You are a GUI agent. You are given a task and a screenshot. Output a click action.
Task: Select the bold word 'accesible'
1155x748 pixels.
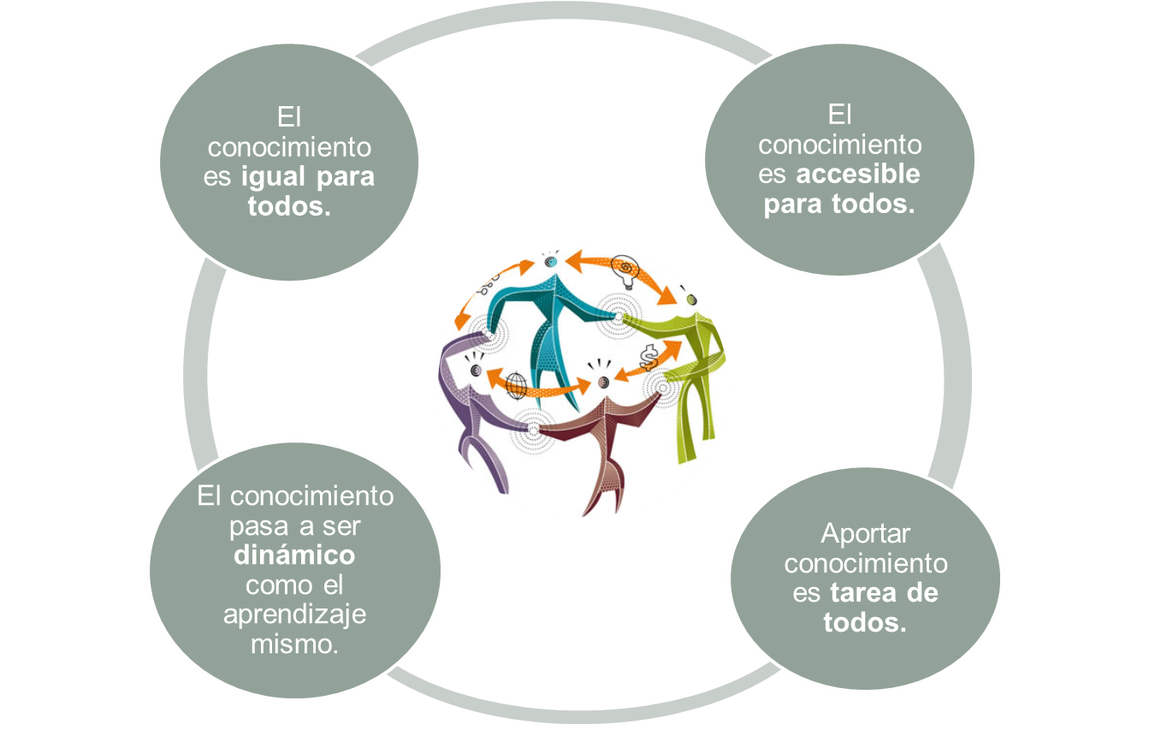click(858, 174)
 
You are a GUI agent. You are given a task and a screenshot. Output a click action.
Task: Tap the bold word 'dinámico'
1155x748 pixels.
click(293, 555)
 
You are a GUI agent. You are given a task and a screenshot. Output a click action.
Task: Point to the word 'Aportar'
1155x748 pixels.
click(865, 533)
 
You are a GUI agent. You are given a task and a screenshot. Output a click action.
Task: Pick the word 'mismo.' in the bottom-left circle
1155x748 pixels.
click(293, 644)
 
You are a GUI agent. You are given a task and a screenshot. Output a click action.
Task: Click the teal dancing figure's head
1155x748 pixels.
click(551, 260)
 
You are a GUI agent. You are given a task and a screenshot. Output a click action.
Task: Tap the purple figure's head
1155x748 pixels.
click(476, 370)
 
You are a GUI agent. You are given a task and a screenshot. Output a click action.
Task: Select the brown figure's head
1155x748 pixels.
click(604, 381)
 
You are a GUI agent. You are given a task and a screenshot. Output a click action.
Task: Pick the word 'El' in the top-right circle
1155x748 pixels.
click(839, 115)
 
